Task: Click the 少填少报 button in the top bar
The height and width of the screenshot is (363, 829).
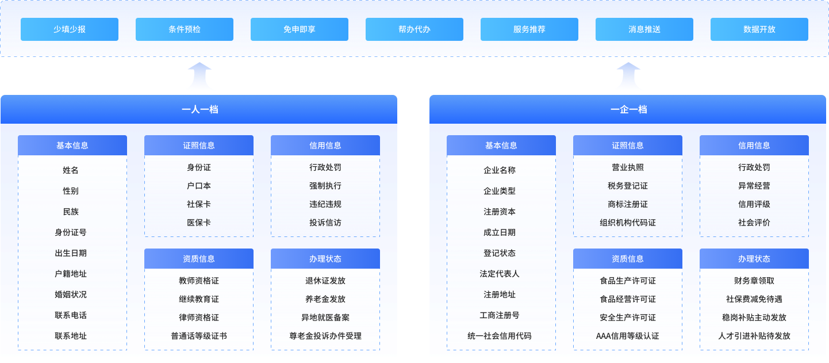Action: point(70,29)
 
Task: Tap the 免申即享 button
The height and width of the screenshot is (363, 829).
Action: point(300,29)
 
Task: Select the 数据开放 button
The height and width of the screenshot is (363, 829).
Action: point(759,29)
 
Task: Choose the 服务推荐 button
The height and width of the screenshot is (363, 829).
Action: point(529,29)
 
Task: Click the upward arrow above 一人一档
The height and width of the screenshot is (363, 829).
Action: point(199,77)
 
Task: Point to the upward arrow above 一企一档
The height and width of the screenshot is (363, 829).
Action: point(628,77)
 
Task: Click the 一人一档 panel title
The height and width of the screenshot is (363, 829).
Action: point(199,109)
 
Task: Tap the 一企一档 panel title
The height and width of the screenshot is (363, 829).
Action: point(628,109)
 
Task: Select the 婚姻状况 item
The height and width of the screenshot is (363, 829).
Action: point(71,295)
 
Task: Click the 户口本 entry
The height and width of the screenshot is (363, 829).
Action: point(199,186)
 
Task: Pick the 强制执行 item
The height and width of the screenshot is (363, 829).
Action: point(325,186)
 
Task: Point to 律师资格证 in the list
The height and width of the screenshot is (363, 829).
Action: point(199,318)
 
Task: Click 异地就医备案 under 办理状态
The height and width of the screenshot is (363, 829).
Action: point(325,318)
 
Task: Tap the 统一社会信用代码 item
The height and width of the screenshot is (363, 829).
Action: point(500,336)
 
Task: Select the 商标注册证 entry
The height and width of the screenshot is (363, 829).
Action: point(628,204)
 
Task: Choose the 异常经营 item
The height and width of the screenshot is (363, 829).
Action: point(754,186)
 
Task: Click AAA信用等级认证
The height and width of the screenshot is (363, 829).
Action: point(628,336)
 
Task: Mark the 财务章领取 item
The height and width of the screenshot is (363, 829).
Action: point(754,281)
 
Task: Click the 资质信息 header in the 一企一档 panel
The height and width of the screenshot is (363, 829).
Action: point(628,259)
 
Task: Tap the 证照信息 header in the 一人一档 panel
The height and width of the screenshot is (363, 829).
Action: point(199,146)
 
